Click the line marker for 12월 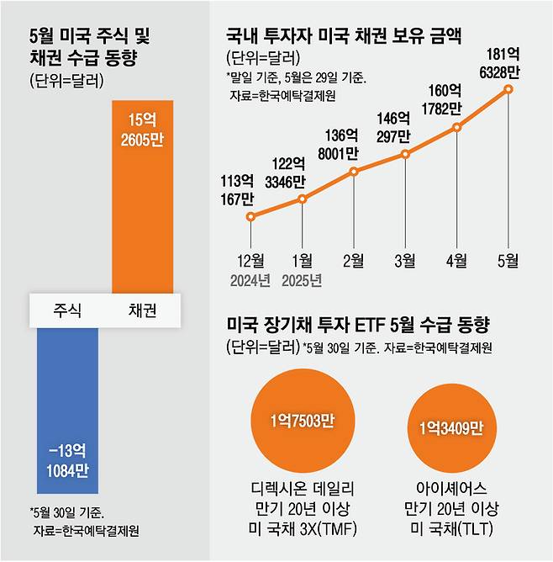[x=250, y=216]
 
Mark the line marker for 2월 [x=354, y=172]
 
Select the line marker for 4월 [x=457, y=128]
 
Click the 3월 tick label [x=406, y=261]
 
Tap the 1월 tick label [x=302, y=261]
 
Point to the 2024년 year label [x=250, y=279]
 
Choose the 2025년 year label [x=302, y=279]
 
